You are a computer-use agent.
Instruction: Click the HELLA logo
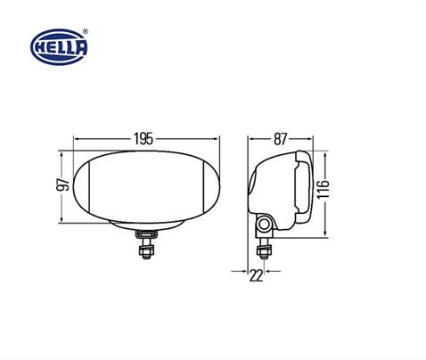pos(60,45)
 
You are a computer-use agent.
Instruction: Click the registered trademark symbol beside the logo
pos(86,31)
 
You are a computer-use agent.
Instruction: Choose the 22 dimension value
pos(257,275)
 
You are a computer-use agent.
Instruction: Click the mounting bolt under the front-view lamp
pos(144,243)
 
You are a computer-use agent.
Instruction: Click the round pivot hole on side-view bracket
pos(266,222)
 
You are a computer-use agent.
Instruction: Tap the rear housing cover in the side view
pos(301,187)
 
